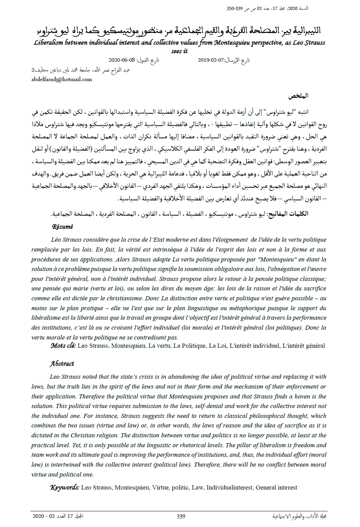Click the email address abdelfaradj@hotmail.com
pos(62,79)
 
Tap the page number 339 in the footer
pos(181,516)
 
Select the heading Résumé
pos(62,227)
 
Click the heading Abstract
pos(62,364)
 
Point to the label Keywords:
pos(65,487)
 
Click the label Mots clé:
pos(63,346)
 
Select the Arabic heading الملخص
pos(298,96)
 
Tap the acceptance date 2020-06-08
pos(122,60)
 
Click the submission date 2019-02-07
pos(211,60)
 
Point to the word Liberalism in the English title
pos(48,43)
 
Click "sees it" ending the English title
pos(179,51)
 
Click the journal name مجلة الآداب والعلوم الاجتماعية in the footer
pos(299,516)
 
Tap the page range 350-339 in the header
pos(235,9)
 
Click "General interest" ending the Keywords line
pos(276,487)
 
